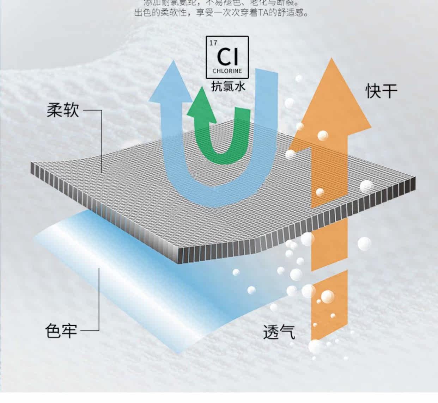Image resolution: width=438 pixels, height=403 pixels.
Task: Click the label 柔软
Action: [62, 110]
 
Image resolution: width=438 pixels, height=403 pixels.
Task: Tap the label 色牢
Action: [61, 331]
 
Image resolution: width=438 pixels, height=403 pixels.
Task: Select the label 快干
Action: [381, 91]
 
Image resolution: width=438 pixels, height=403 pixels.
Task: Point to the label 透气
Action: [279, 331]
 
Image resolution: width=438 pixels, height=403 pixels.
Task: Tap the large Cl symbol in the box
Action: [227, 56]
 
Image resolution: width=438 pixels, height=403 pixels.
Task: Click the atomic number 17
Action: [213, 43]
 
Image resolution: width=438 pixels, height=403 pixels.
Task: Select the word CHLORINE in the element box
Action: [227, 71]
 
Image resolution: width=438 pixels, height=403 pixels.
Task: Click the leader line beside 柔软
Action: [101, 141]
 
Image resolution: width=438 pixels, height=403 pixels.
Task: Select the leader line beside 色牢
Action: [99, 299]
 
